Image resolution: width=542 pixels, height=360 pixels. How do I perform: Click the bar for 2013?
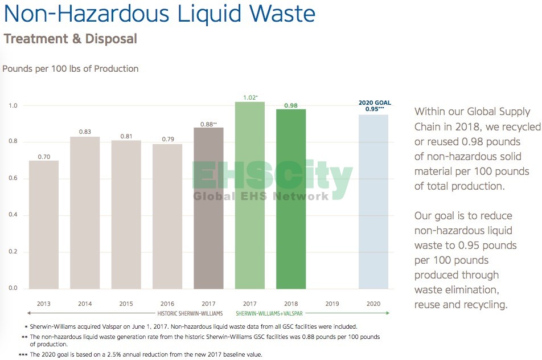(x=44, y=224)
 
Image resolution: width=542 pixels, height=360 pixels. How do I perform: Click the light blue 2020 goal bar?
(x=373, y=202)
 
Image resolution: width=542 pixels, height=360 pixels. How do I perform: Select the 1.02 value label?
(x=249, y=97)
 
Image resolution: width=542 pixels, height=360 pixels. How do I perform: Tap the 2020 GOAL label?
(x=374, y=103)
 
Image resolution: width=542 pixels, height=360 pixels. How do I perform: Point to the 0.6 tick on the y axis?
(x=13, y=178)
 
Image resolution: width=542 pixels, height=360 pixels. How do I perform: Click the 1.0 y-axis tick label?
(x=13, y=105)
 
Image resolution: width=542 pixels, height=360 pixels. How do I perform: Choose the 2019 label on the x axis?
(x=332, y=304)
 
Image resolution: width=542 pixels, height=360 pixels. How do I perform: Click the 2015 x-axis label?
(x=126, y=304)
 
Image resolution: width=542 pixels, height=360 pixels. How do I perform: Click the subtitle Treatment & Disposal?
(x=71, y=39)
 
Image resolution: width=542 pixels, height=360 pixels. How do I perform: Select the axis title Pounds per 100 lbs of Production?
(x=71, y=69)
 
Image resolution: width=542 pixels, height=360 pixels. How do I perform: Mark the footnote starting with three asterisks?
(x=141, y=354)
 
